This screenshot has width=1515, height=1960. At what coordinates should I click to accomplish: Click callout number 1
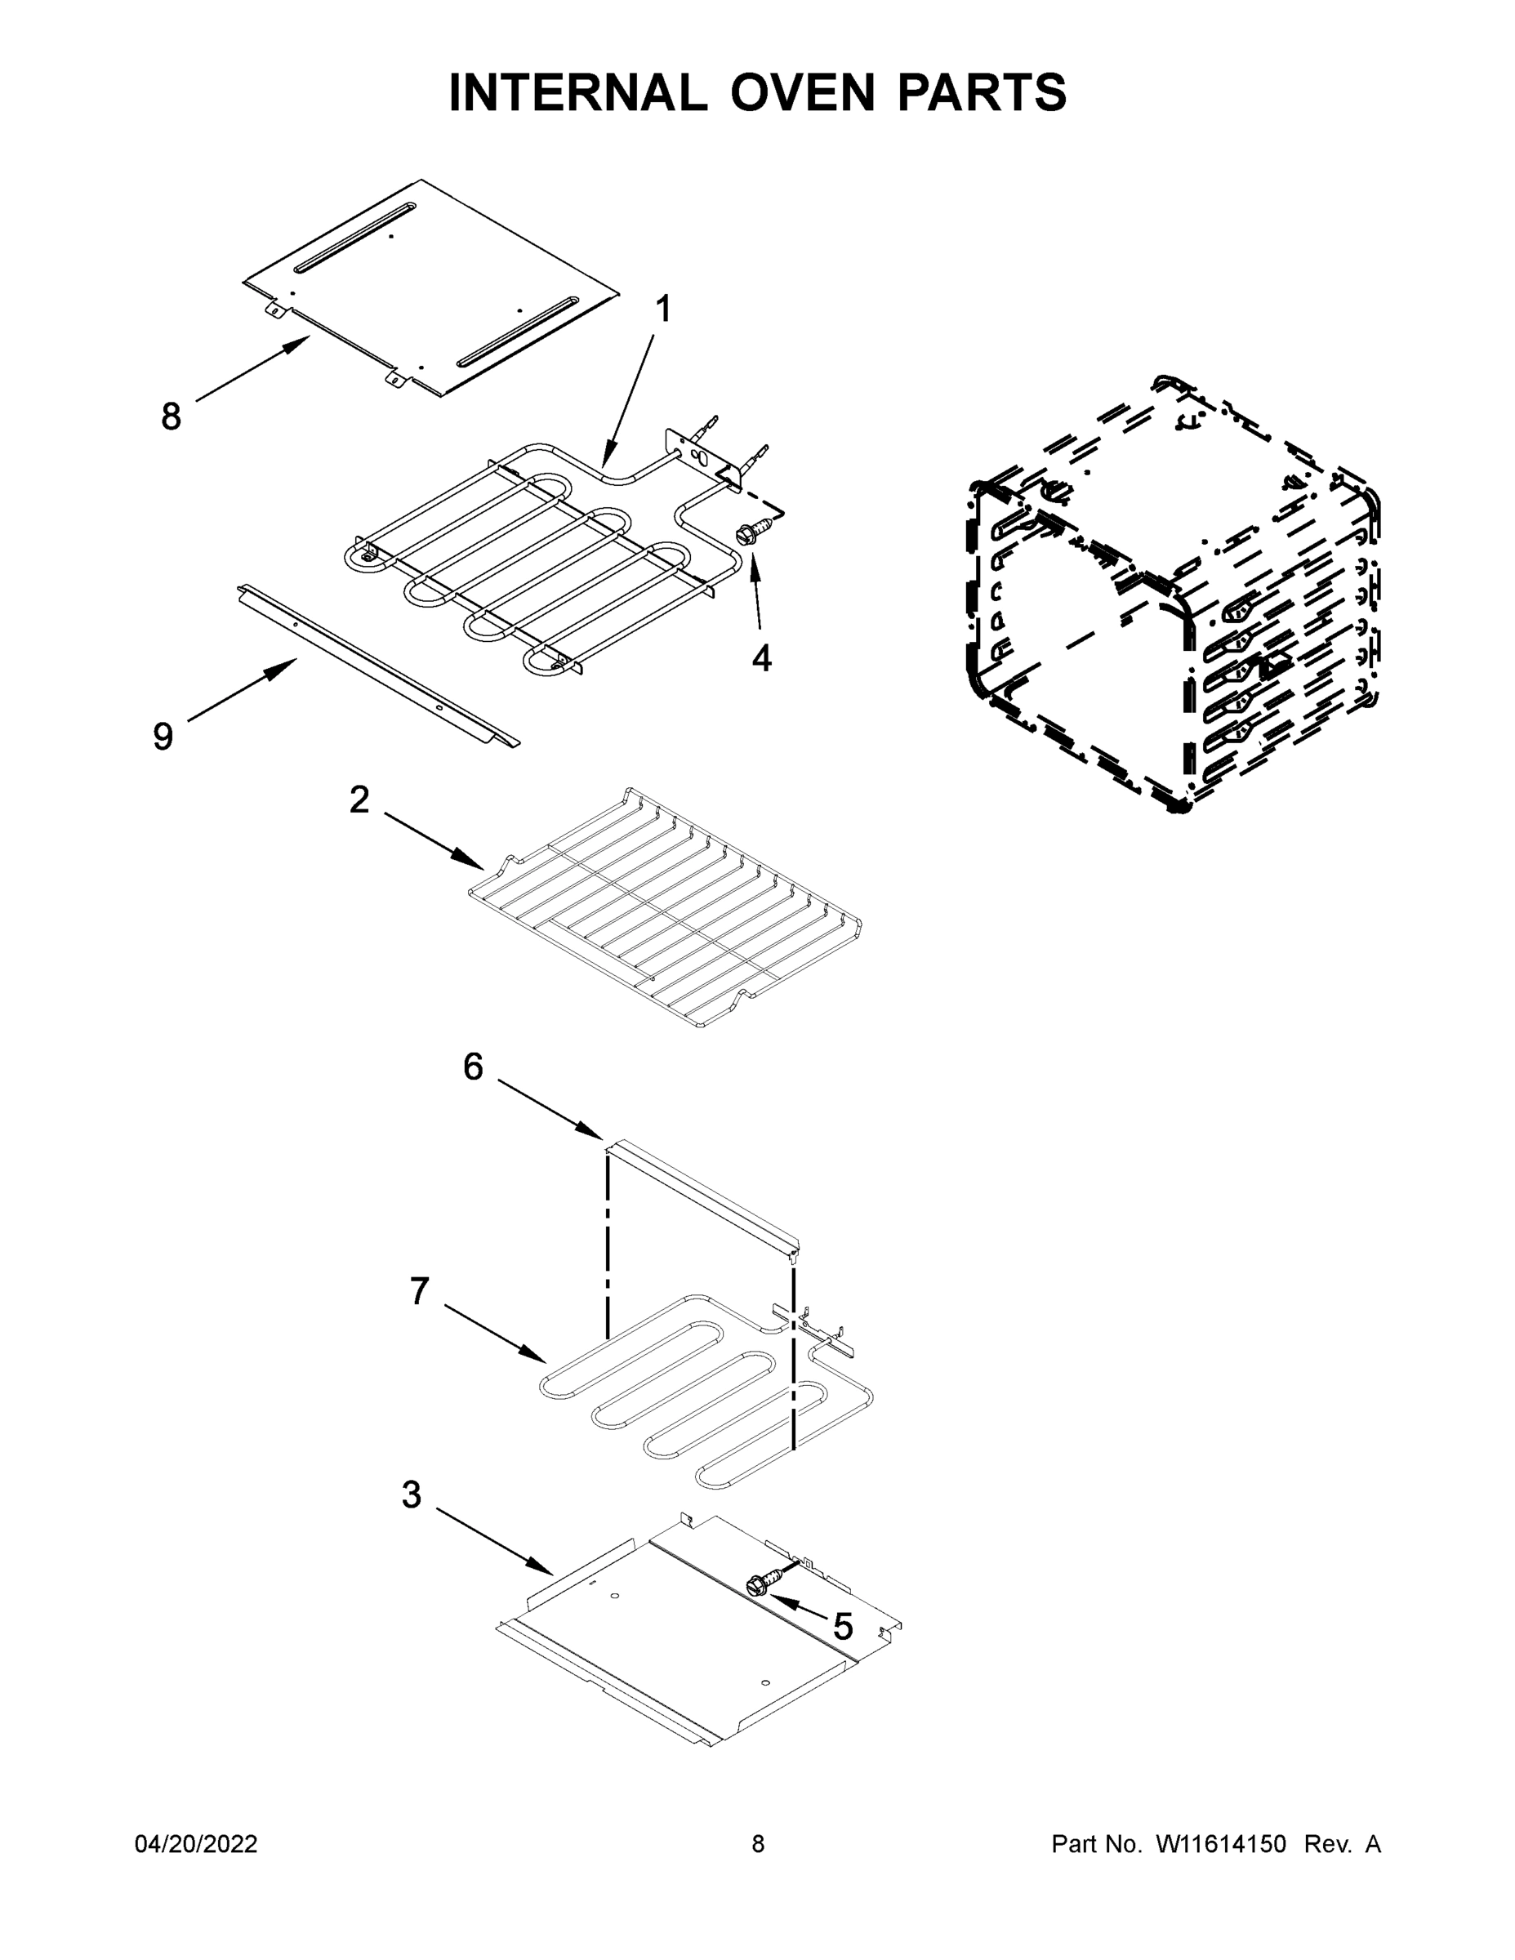[x=662, y=310]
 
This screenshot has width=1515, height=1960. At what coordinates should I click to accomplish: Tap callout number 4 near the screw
[x=761, y=659]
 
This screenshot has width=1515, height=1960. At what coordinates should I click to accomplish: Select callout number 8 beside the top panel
[x=172, y=417]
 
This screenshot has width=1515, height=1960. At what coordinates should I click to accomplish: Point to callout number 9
[x=163, y=737]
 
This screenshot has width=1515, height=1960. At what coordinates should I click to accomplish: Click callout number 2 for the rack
[x=359, y=800]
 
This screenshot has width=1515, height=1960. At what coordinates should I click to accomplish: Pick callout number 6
[x=473, y=1067]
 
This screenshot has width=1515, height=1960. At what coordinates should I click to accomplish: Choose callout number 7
[x=419, y=1291]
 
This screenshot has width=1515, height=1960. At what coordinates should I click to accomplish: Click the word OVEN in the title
[x=801, y=92]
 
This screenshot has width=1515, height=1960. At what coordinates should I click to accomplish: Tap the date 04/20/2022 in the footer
[x=196, y=1843]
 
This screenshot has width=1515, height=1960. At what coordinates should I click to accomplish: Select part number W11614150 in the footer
[x=1221, y=1843]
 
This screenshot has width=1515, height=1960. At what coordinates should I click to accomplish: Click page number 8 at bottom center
[x=758, y=1843]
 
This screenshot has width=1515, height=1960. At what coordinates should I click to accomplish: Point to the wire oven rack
[x=664, y=906]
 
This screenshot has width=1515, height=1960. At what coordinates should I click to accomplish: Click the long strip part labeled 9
[x=377, y=665]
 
